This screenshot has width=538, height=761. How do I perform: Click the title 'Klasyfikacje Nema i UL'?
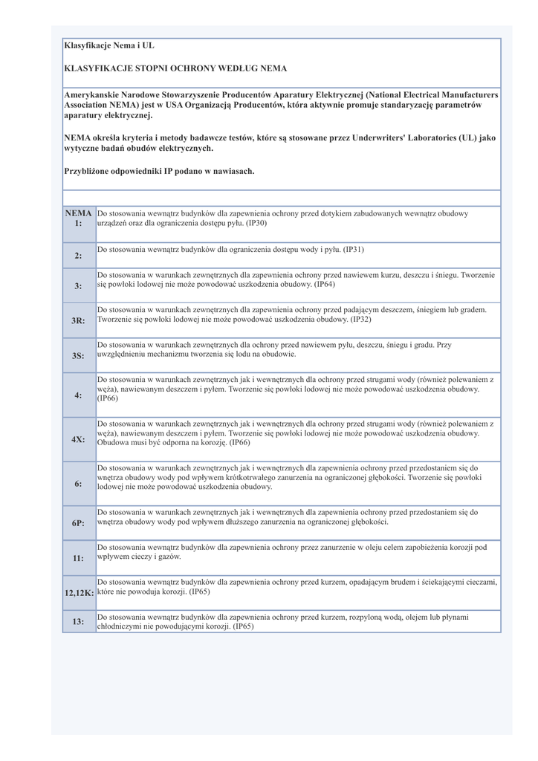tap(109, 46)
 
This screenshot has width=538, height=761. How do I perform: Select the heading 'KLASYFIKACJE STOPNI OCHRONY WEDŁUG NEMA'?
tap(175, 68)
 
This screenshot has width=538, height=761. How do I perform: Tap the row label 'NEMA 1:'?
tap(79, 218)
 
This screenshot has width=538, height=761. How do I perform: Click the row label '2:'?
tap(78, 256)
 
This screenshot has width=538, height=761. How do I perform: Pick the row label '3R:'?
tap(78, 320)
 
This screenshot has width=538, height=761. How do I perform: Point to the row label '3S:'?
tap(78, 356)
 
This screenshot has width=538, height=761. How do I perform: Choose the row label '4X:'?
tap(78, 439)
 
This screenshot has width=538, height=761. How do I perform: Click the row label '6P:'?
tap(78, 523)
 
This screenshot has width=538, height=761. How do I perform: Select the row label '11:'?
tap(78, 557)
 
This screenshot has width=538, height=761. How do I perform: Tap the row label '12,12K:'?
tap(78, 592)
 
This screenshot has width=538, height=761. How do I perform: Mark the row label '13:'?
tap(78, 621)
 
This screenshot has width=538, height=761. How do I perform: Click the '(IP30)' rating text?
tap(256, 223)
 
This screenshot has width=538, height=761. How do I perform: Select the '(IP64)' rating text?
tap(325, 285)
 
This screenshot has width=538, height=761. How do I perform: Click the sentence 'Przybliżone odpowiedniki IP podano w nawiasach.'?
tap(160, 171)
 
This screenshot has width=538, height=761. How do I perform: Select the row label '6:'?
tap(78, 484)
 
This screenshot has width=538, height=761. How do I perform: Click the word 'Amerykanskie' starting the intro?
tap(91, 95)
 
